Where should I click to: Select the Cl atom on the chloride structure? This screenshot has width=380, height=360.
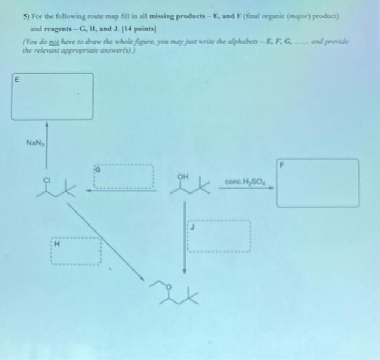(x=47, y=178)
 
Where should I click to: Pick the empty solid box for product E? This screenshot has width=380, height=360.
(x=52, y=97)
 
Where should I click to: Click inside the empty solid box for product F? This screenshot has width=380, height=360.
(x=317, y=183)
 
